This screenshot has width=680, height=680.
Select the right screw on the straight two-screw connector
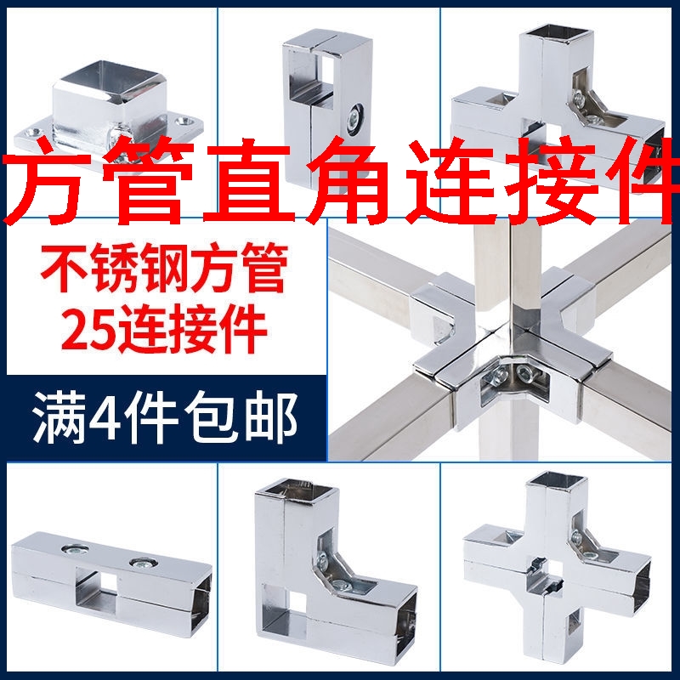click(x=139, y=563)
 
